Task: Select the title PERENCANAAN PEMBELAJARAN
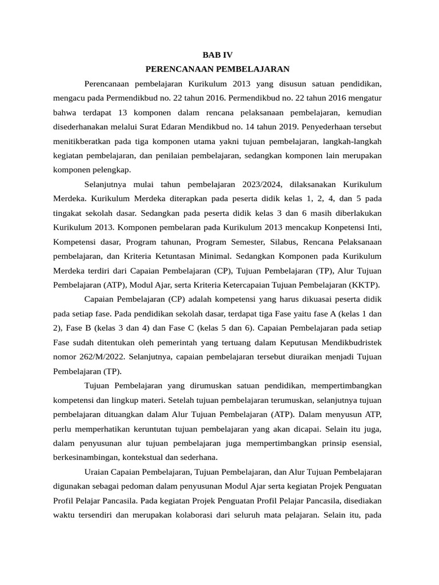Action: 218,69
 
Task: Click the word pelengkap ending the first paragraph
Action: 111,170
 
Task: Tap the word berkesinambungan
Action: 89,458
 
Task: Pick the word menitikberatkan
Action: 84,141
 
